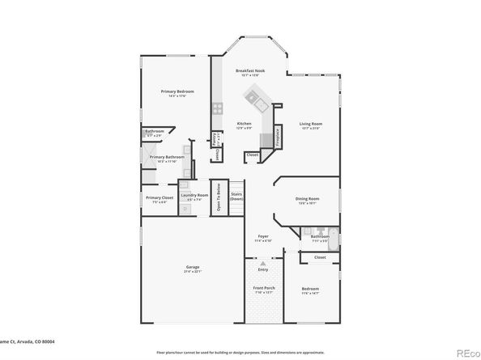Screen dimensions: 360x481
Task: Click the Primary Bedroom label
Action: (x=176, y=91)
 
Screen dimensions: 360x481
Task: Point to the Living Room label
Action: (x=311, y=123)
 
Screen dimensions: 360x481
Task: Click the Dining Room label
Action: (x=307, y=198)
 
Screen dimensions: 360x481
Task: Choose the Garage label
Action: (x=192, y=267)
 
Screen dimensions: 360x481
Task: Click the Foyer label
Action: (x=263, y=236)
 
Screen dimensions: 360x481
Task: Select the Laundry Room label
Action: (x=195, y=195)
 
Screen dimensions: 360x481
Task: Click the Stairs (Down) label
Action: (x=236, y=196)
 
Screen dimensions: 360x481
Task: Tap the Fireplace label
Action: (x=278, y=135)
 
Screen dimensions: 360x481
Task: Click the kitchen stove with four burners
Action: (x=217, y=108)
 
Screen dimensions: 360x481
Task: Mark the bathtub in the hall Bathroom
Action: (x=333, y=236)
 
